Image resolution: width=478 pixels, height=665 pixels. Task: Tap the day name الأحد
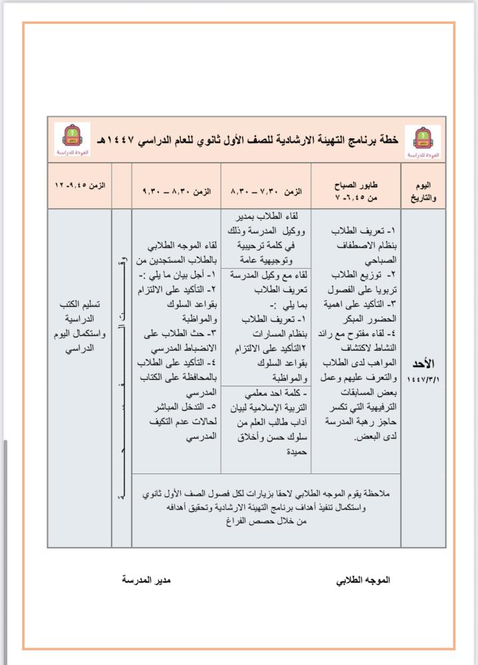point(423,364)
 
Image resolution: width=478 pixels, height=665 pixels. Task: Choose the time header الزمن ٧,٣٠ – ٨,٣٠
point(266,190)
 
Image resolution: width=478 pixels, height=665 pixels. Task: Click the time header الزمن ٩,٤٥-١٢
point(80,184)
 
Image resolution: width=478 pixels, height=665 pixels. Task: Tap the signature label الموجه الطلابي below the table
point(363,580)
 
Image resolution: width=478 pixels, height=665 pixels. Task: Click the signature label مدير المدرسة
point(146,580)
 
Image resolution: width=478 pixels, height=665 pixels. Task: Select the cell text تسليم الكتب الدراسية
point(80,312)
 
